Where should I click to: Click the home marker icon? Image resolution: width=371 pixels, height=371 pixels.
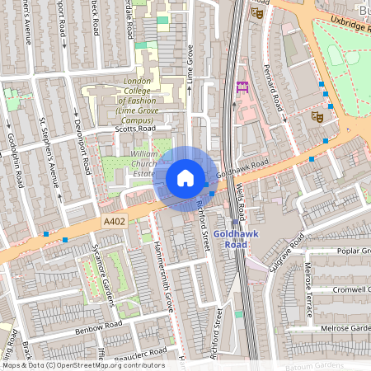pos(185,178)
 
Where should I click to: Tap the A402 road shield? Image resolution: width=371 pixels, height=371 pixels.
pos(115,222)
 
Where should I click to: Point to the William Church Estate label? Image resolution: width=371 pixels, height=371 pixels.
pos(131,163)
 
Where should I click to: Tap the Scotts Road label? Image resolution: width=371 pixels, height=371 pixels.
pos(138,129)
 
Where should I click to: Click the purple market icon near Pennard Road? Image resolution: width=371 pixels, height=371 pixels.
pos(242,87)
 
